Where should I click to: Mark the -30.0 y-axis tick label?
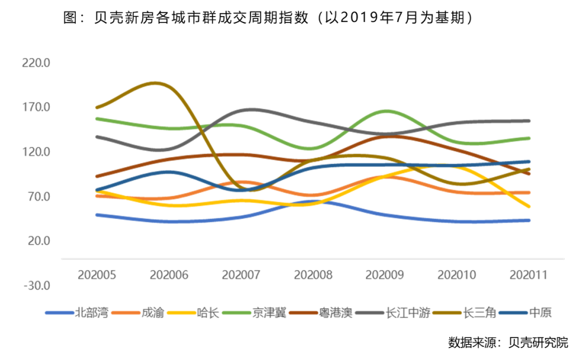click(x=37, y=285)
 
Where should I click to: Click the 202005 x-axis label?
click(x=97, y=275)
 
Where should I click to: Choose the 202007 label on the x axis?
click(x=241, y=275)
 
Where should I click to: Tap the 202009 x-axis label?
click(x=385, y=275)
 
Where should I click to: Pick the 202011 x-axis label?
click(x=529, y=275)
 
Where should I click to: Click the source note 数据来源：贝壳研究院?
click(x=508, y=342)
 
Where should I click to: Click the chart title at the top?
click(x=268, y=18)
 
